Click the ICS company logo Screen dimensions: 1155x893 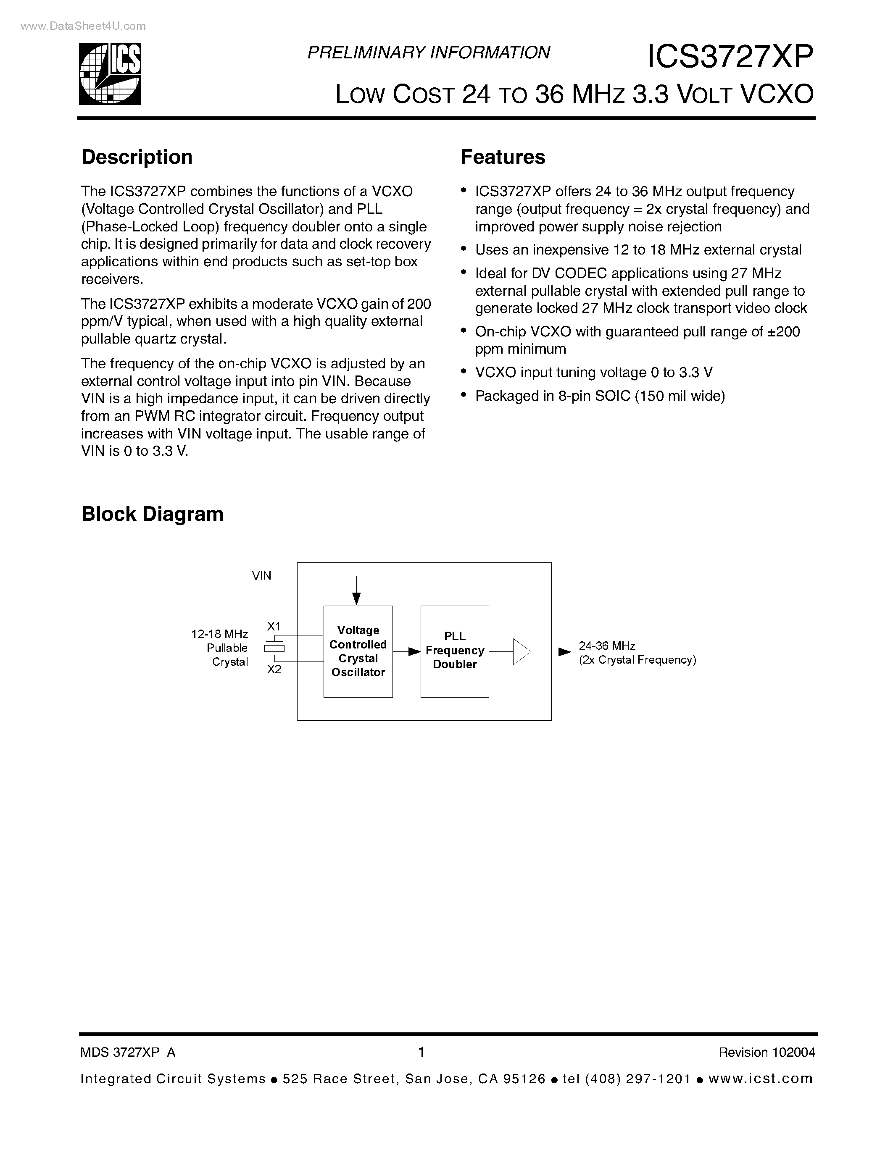(x=110, y=73)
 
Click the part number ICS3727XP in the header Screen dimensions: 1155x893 (x=730, y=57)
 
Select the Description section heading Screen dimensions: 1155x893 (x=137, y=157)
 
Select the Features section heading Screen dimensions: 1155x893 (x=503, y=157)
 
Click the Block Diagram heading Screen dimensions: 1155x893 (x=153, y=514)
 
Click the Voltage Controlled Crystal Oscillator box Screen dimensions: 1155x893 (x=358, y=651)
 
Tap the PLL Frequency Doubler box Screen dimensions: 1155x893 (x=454, y=651)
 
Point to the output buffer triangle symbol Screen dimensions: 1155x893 (x=521, y=651)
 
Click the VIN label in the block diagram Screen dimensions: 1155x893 (x=261, y=576)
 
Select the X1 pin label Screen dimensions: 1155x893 (x=274, y=627)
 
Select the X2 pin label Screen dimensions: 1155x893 (x=274, y=669)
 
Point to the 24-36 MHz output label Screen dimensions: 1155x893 (x=607, y=646)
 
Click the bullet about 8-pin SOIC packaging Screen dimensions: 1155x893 (x=599, y=396)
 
